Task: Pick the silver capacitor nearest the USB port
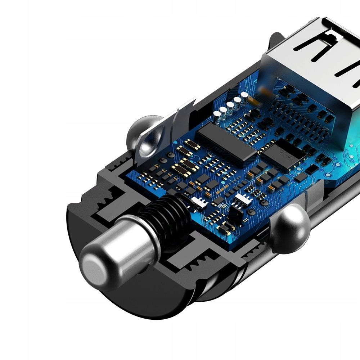244,96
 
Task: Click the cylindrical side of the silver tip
130,245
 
